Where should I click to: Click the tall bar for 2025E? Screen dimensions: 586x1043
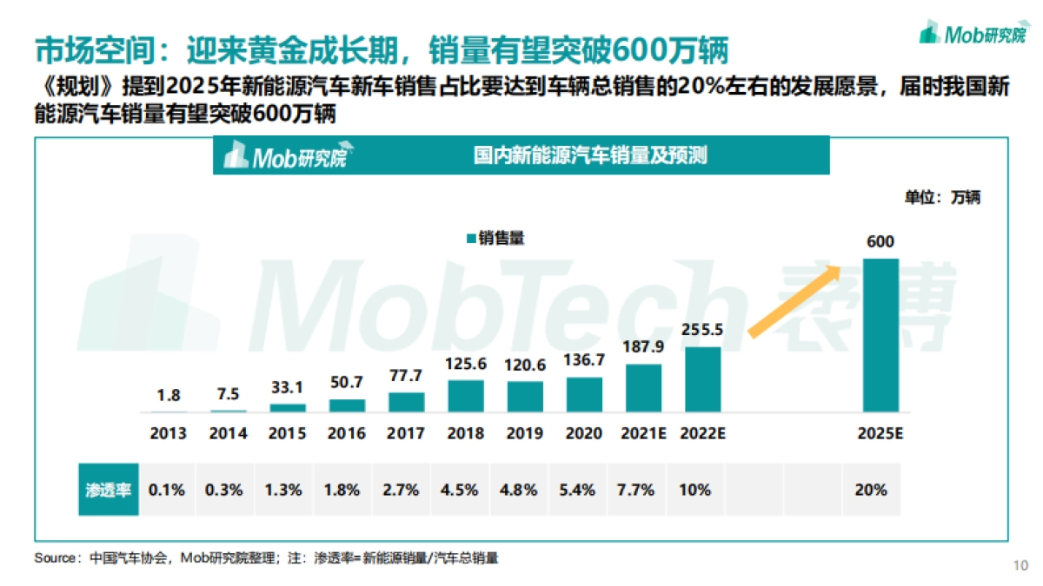click(x=880, y=334)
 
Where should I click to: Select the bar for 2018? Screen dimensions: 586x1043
click(x=466, y=395)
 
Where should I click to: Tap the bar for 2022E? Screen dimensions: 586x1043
click(x=702, y=379)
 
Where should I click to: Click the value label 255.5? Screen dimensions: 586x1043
click(x=702, y=330)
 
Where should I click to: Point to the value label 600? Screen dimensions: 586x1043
click(x=880, y=241)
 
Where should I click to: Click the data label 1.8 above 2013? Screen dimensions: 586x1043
click(x=169, y=395)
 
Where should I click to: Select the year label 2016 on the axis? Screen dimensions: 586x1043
click(x=348, y=433)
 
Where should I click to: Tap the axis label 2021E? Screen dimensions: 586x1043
click(x=643, y=433)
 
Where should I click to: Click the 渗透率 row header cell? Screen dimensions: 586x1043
click(x=107, y=490)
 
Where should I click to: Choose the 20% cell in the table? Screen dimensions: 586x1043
click(x=871, y=490)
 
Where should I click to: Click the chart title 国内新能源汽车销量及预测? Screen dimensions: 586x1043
click(x=589, y=156)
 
